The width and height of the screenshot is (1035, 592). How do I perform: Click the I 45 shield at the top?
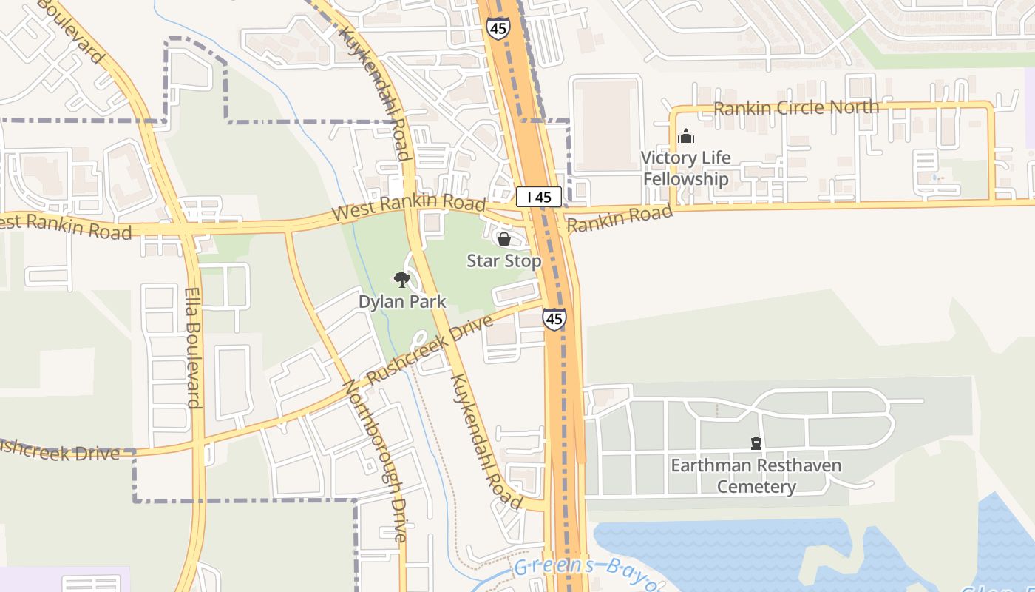(497, 28)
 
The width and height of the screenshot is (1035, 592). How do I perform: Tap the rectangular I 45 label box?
(539, 197)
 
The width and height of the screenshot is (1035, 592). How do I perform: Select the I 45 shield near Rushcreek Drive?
(554, 319)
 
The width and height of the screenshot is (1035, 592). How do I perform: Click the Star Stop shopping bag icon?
(504, 239)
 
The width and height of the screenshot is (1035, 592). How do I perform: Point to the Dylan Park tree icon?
(401, 279)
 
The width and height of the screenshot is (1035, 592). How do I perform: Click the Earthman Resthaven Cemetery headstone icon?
(756, 443)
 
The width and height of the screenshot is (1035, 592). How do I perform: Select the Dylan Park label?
(402, 301)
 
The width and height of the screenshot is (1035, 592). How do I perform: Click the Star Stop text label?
(504, 260)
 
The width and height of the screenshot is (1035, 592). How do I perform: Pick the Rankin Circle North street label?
(796, 108)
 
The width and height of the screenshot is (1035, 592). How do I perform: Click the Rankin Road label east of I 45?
(620, 218)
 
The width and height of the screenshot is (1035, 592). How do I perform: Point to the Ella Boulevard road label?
(192, 348)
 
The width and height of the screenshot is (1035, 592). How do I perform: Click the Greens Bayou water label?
(584, 572)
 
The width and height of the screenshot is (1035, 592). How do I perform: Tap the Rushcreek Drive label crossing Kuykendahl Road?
(429, 350)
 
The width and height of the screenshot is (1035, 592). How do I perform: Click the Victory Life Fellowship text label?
(685, 168)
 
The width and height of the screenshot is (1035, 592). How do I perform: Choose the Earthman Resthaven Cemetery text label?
(756, 476)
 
